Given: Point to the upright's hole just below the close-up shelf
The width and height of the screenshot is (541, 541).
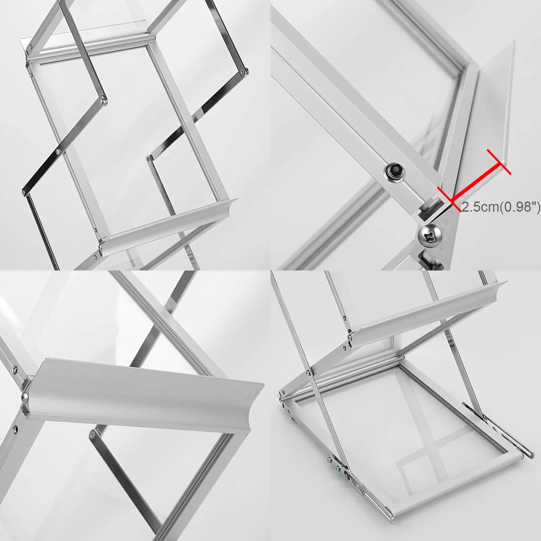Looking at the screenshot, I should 16,429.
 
